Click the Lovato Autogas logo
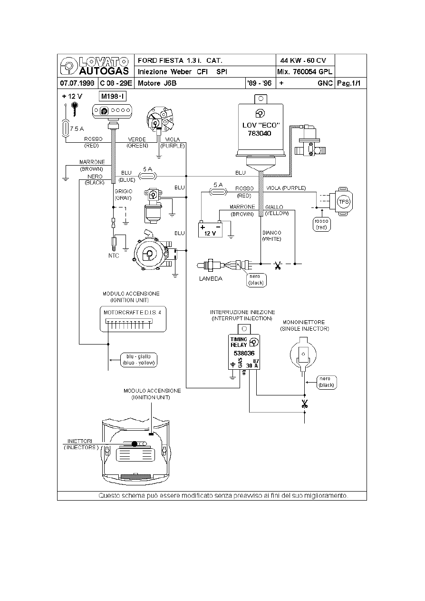95,66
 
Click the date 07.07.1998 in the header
77,83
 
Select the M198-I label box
113,97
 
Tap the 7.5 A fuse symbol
66,128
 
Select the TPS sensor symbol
343,202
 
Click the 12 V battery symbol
210,230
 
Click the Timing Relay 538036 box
243,351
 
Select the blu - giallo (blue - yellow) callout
138,359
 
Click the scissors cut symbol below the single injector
304,404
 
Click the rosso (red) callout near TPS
321,224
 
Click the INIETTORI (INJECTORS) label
81,444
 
